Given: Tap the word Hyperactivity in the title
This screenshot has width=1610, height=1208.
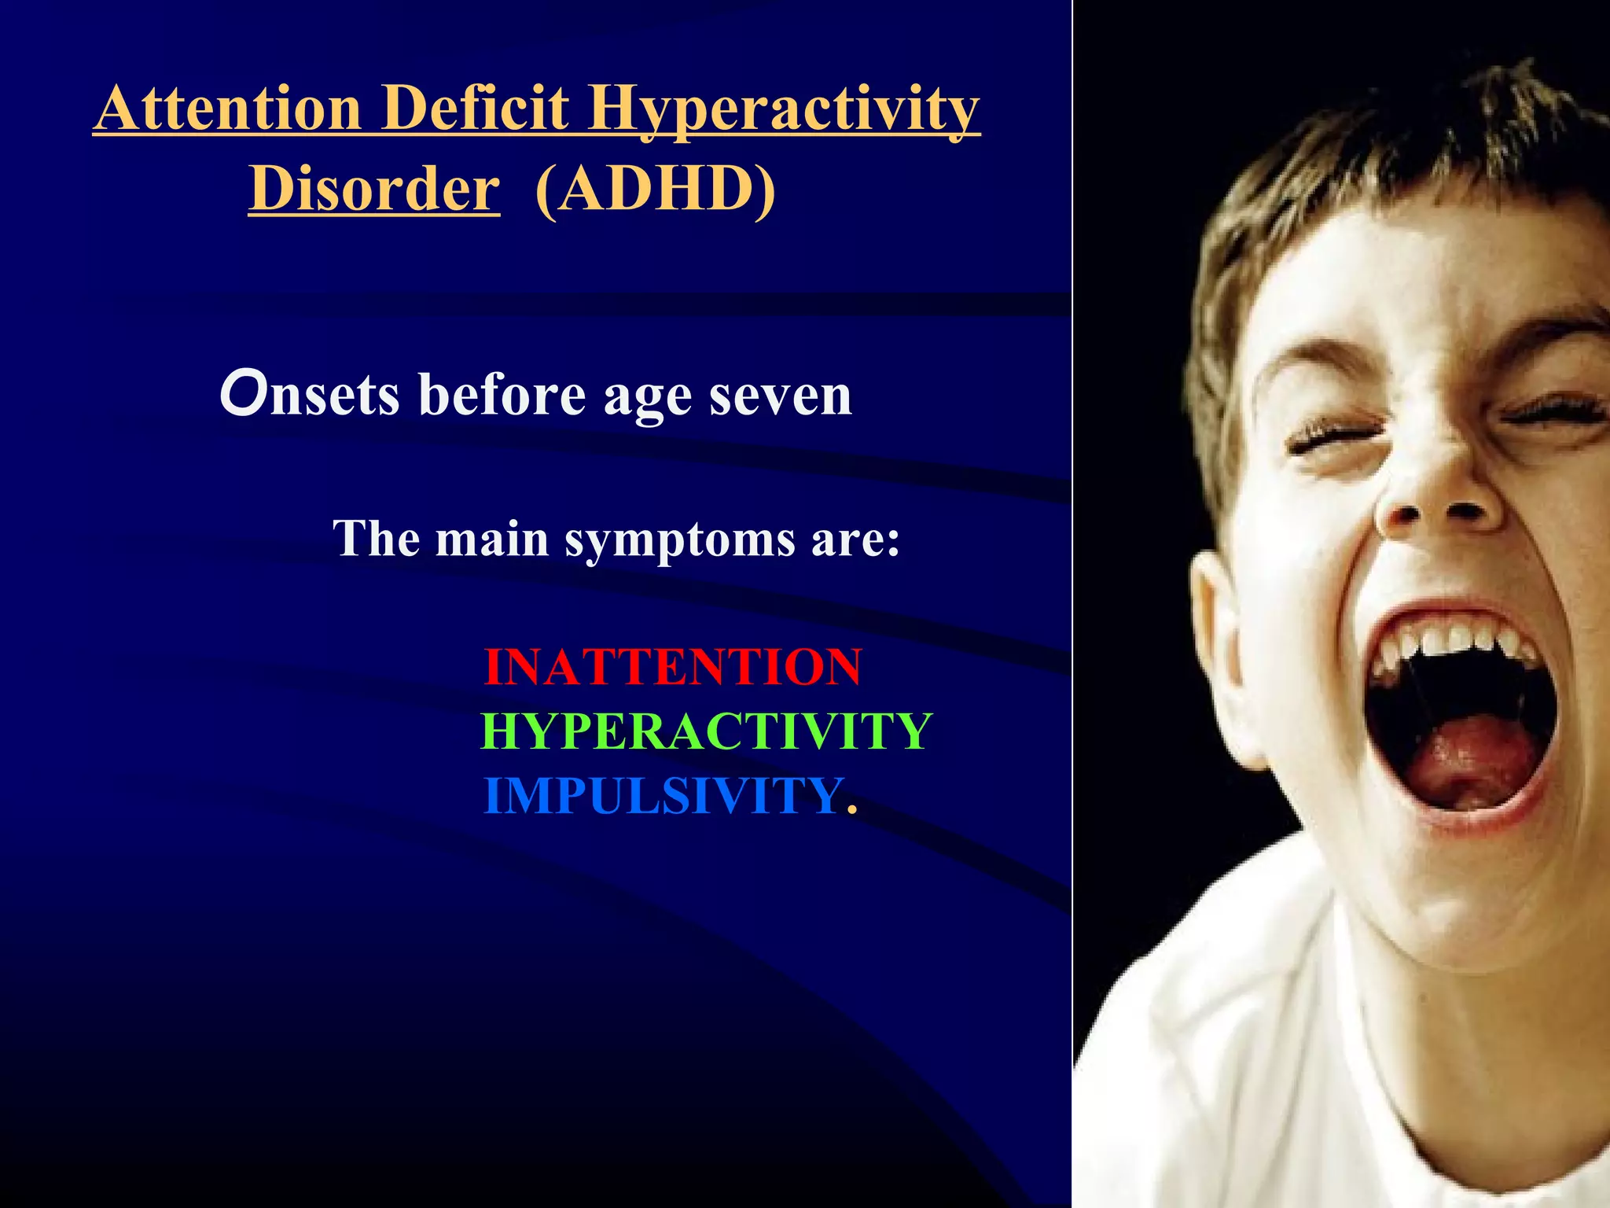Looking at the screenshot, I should point(784,110).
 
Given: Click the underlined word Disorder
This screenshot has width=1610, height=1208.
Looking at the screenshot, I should point(373,190).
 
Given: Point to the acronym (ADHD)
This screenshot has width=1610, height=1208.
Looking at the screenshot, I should point(655,190).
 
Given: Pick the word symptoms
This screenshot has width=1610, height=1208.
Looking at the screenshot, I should point(680,540).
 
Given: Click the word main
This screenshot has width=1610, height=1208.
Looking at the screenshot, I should point(492,540).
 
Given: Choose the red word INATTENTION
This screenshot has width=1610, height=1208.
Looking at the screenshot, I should point(673,667).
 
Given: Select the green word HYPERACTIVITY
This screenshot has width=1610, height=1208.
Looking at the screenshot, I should point(706,731).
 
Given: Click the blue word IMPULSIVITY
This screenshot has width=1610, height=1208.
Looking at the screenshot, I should point(663,796).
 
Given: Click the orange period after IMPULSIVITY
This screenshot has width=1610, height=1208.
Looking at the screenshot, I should point(851,810).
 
